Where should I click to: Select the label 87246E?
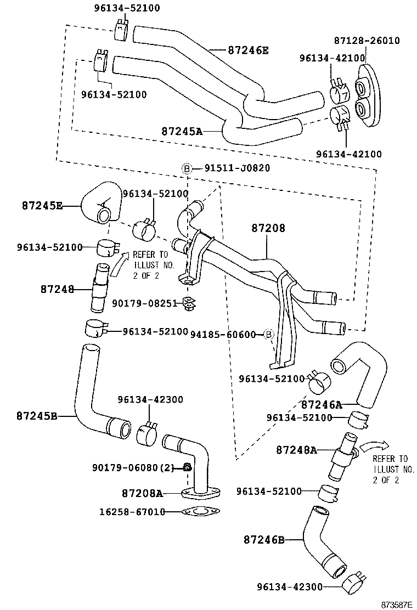(249, 50)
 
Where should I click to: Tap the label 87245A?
(182, 131)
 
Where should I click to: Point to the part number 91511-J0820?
(237, 168)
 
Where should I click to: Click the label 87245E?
(42, 205)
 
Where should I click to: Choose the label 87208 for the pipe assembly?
(269, 228)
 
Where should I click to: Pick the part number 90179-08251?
(145, 302)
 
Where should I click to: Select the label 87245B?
(37, 416)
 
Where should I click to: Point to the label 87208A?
(143, 493)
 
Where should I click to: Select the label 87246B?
(264, 540)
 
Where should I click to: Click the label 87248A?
(296, 450)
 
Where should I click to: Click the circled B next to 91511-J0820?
(187, 168)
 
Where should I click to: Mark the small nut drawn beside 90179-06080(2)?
(187, 467)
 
